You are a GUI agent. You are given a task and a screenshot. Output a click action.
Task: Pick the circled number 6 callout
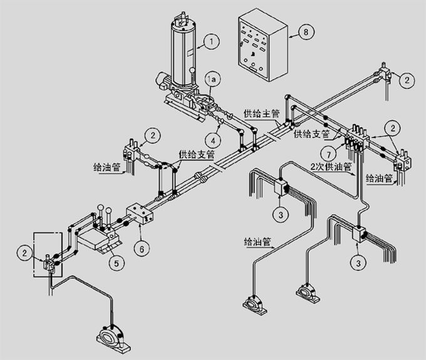click(x=143, y=248)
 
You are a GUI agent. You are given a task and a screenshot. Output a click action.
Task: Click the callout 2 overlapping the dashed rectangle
click(x=24, y=253)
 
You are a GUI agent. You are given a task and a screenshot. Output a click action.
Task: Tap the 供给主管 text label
click(x=258, y=113)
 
